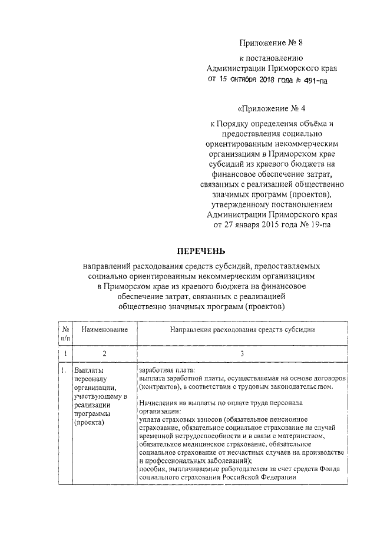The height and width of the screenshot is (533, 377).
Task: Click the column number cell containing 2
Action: coord(104,353)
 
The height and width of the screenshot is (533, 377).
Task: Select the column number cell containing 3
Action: coord(242,353)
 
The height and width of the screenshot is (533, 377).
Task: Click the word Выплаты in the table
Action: coord(87,370)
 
